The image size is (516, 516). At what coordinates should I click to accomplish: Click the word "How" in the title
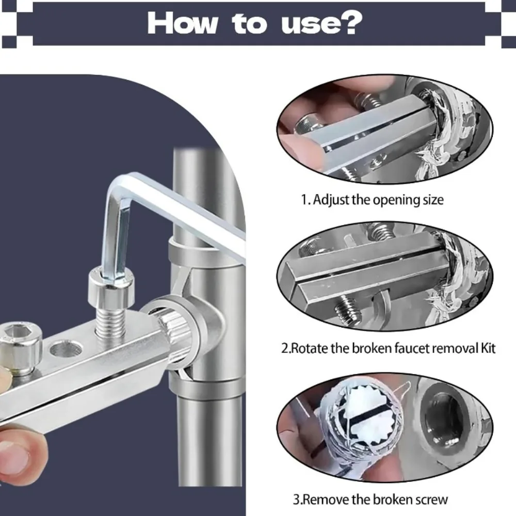pos(183,23)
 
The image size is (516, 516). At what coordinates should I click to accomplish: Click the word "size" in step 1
pos(433,200)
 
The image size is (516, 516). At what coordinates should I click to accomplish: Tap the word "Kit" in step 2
pos(488,348)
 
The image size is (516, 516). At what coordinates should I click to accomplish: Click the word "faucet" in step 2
pos(410,348)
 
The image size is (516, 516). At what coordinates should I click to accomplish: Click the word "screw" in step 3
pos(431,500)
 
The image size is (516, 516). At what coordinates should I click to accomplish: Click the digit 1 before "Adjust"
pos(304,199)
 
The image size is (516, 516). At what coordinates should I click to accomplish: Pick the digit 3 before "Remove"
pos(297,499)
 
